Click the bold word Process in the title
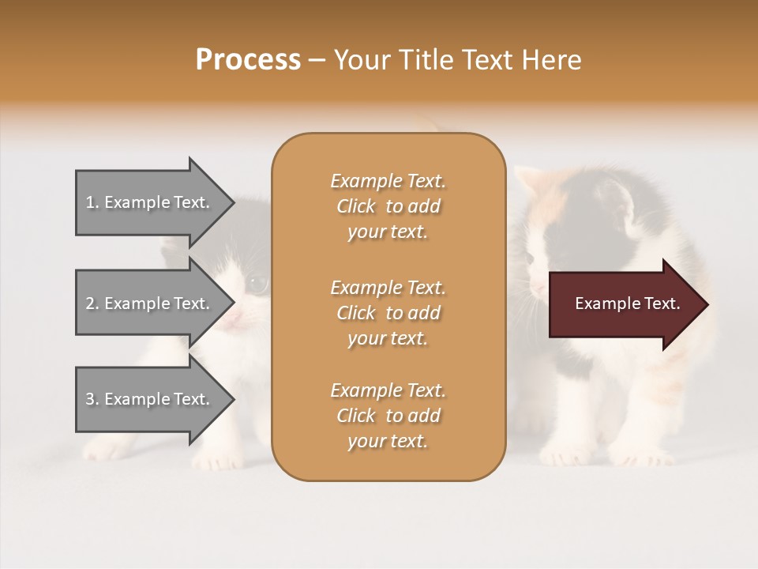(248, 60)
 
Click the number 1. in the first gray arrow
(92, 203)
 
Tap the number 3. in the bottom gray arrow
(92, 400)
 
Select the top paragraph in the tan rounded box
(388, 206)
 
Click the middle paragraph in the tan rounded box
(388, 312)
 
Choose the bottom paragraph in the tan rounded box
(388, 416)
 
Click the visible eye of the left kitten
(258, 282)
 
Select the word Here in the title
(552, 60)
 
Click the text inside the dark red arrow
(627, 303)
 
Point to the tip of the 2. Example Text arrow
(233, 303)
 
